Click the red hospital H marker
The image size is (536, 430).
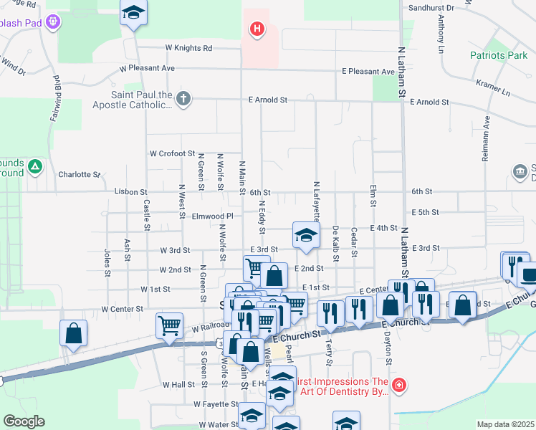click(x=256, y=29)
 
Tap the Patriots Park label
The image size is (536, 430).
click(x=499, y=55)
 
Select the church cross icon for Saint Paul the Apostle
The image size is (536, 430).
click(x=183, y=98)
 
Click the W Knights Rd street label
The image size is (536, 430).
click(x=188, y=48)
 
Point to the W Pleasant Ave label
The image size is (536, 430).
click(x=148, y=68)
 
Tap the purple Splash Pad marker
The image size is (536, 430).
click(x=52, y=22)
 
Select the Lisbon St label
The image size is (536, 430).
click(x=130, y=192)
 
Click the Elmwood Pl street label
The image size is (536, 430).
click(x=213, y=216)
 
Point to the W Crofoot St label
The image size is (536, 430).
click(x=172, y=153)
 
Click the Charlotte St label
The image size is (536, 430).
click(x=80, y=174)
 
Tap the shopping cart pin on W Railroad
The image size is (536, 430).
click(x=169, y=325)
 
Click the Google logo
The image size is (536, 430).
click(x=23, y=421)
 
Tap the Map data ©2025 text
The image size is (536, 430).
click(x=504, y=424)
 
